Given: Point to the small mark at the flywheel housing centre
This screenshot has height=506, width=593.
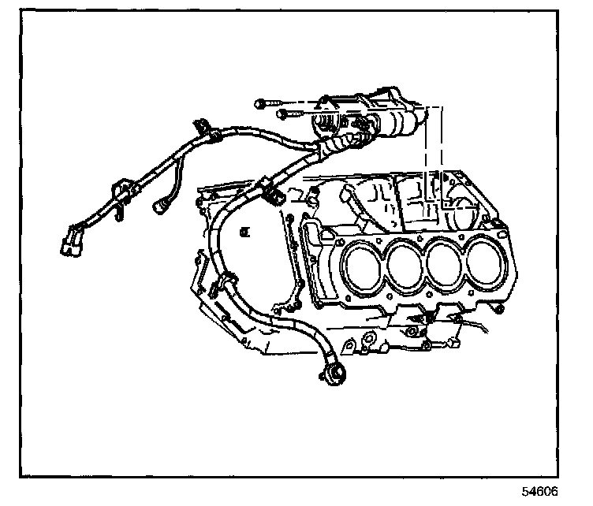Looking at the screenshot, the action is point(246,231).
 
